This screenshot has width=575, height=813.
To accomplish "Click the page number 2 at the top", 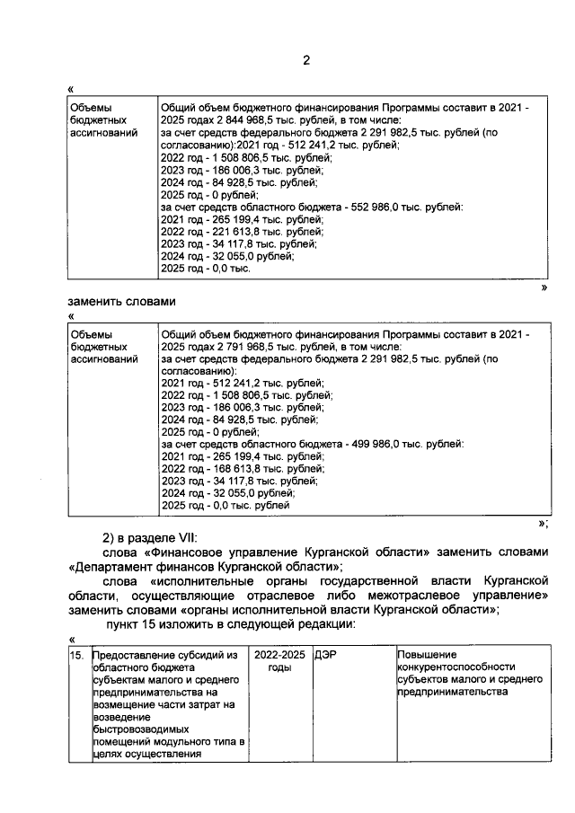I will tap(305, 60).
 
